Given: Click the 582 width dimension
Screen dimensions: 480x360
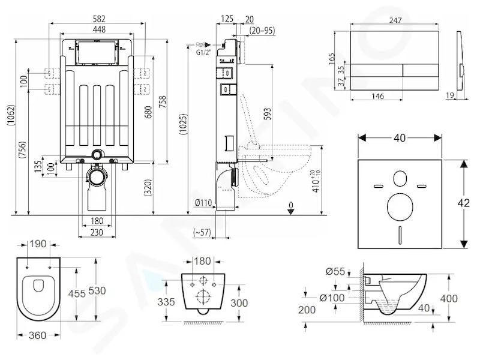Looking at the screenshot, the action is pyautogui.click(x=99, y=19).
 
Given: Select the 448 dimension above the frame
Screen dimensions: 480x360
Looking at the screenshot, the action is pyautogui.click(x=99, y=29).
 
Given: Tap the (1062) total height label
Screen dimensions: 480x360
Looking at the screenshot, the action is pyautogui.click(x=11, y=115).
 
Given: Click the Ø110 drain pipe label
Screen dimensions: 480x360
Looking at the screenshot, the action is pyautogui.click(x=203, y=203).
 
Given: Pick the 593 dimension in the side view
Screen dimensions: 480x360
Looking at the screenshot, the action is pyautogui.click(x=267, y=113).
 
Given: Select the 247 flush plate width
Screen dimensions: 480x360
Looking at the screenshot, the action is pyautogui.click(x=395, y=20).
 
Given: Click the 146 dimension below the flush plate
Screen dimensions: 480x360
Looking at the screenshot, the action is pyautogui.click(x=377, y=97).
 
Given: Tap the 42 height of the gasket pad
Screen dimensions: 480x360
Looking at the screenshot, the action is pyautogui.click(x=463, y=203).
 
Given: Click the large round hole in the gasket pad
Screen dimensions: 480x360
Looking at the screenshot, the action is pyautogui.click(x=400, y=206).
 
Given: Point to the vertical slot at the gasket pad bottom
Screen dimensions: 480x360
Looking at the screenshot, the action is pyautogui.click(x=400, y=235).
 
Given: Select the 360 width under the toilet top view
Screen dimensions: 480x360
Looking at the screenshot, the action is pyautogui.click(x=37, y=335).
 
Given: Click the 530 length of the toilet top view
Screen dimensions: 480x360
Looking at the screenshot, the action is pyautogui.click(x=97, y=290).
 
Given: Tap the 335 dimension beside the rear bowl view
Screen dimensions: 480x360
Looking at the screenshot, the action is pyautogui.click(x=166, y=302).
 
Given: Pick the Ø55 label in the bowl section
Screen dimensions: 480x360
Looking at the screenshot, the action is pyautogui.click(x=335, y=272).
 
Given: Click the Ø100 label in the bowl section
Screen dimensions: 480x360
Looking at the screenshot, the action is pyautogui.click(x=332, y=298).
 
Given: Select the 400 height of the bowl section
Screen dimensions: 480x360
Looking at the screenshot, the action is pyautogui.click(x=449, y=298).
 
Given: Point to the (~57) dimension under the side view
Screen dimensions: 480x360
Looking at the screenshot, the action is pyautogui.click(x=202, y=233).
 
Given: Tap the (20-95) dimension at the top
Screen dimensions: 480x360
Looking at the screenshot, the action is pyautogui.click(x=262, y=31).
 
